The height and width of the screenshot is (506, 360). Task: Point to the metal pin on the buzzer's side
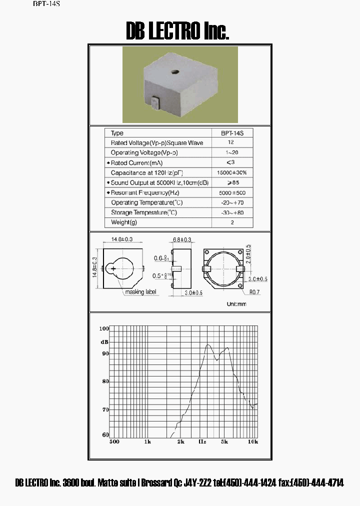point(154,102)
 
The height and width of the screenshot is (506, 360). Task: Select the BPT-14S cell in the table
point(232,133)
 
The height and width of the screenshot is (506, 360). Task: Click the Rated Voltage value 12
point(232,143)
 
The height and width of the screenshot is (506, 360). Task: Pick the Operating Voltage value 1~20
point(232,153)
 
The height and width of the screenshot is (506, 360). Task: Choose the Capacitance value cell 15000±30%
point(232,173)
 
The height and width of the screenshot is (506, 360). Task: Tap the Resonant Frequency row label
point(145,193)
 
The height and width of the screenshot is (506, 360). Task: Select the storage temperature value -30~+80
point(232,212)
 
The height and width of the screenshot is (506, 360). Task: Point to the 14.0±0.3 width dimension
point(123,240)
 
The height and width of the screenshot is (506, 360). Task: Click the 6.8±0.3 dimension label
point(181,240)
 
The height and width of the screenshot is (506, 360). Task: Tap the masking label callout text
point(140,292)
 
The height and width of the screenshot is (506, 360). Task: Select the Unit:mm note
point(236,304)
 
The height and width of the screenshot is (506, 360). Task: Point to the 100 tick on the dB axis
point(104,328)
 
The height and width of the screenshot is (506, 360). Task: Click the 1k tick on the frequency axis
point(147,442)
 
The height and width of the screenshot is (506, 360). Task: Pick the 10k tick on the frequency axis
point(253,442)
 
